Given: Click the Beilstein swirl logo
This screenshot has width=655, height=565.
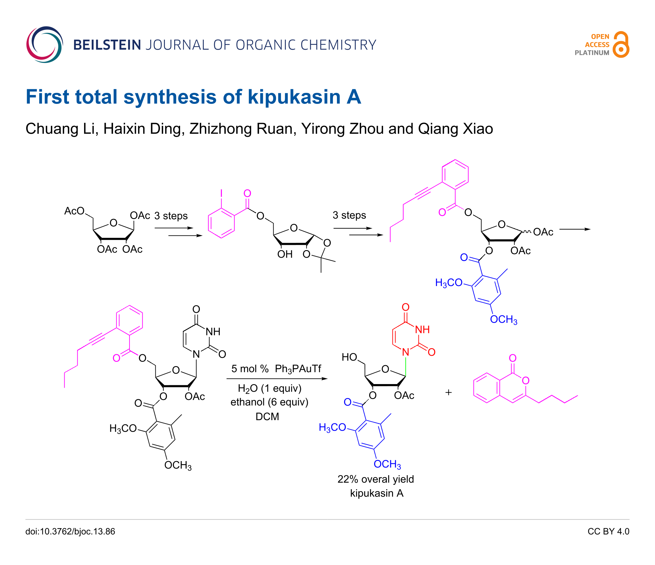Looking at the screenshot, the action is [x=44, y=44].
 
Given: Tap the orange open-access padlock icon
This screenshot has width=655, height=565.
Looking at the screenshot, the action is [x=621, y=44].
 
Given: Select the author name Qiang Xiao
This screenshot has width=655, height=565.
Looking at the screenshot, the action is [x=455, y=129].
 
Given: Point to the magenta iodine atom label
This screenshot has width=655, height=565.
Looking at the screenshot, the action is [x=221, y=193].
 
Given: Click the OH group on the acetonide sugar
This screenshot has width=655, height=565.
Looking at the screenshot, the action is [x=285, y=254].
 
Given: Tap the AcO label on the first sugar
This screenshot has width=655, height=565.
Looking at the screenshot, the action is [x=74, y=211].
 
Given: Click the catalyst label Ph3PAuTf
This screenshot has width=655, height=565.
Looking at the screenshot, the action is [x=298, y=369].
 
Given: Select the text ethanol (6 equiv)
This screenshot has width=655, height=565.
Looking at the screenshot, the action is [x=269, y=402].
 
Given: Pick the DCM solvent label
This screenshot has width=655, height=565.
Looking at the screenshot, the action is [x=267, y=416].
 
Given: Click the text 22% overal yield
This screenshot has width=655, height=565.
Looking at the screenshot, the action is [x=376, y=479].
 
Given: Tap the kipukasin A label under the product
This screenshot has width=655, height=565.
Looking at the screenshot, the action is [x=377, y=493].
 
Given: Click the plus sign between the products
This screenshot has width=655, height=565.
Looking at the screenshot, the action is [x=448, y=393].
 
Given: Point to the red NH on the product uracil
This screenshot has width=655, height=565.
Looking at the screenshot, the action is [x=422, y=330].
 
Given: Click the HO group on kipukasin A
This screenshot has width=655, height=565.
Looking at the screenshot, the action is [x=349, y=357].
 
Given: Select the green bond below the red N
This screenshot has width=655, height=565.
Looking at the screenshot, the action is [x=405, y=366].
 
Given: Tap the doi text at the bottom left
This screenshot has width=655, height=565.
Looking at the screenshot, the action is [x=70, y=531].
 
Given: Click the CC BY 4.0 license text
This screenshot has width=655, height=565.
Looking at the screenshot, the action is [x=608, y=531].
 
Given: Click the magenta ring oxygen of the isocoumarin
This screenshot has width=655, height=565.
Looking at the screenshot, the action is [x=526, y=380].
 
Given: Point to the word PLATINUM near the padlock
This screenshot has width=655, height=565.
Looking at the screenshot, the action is [x=592, y=53].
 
